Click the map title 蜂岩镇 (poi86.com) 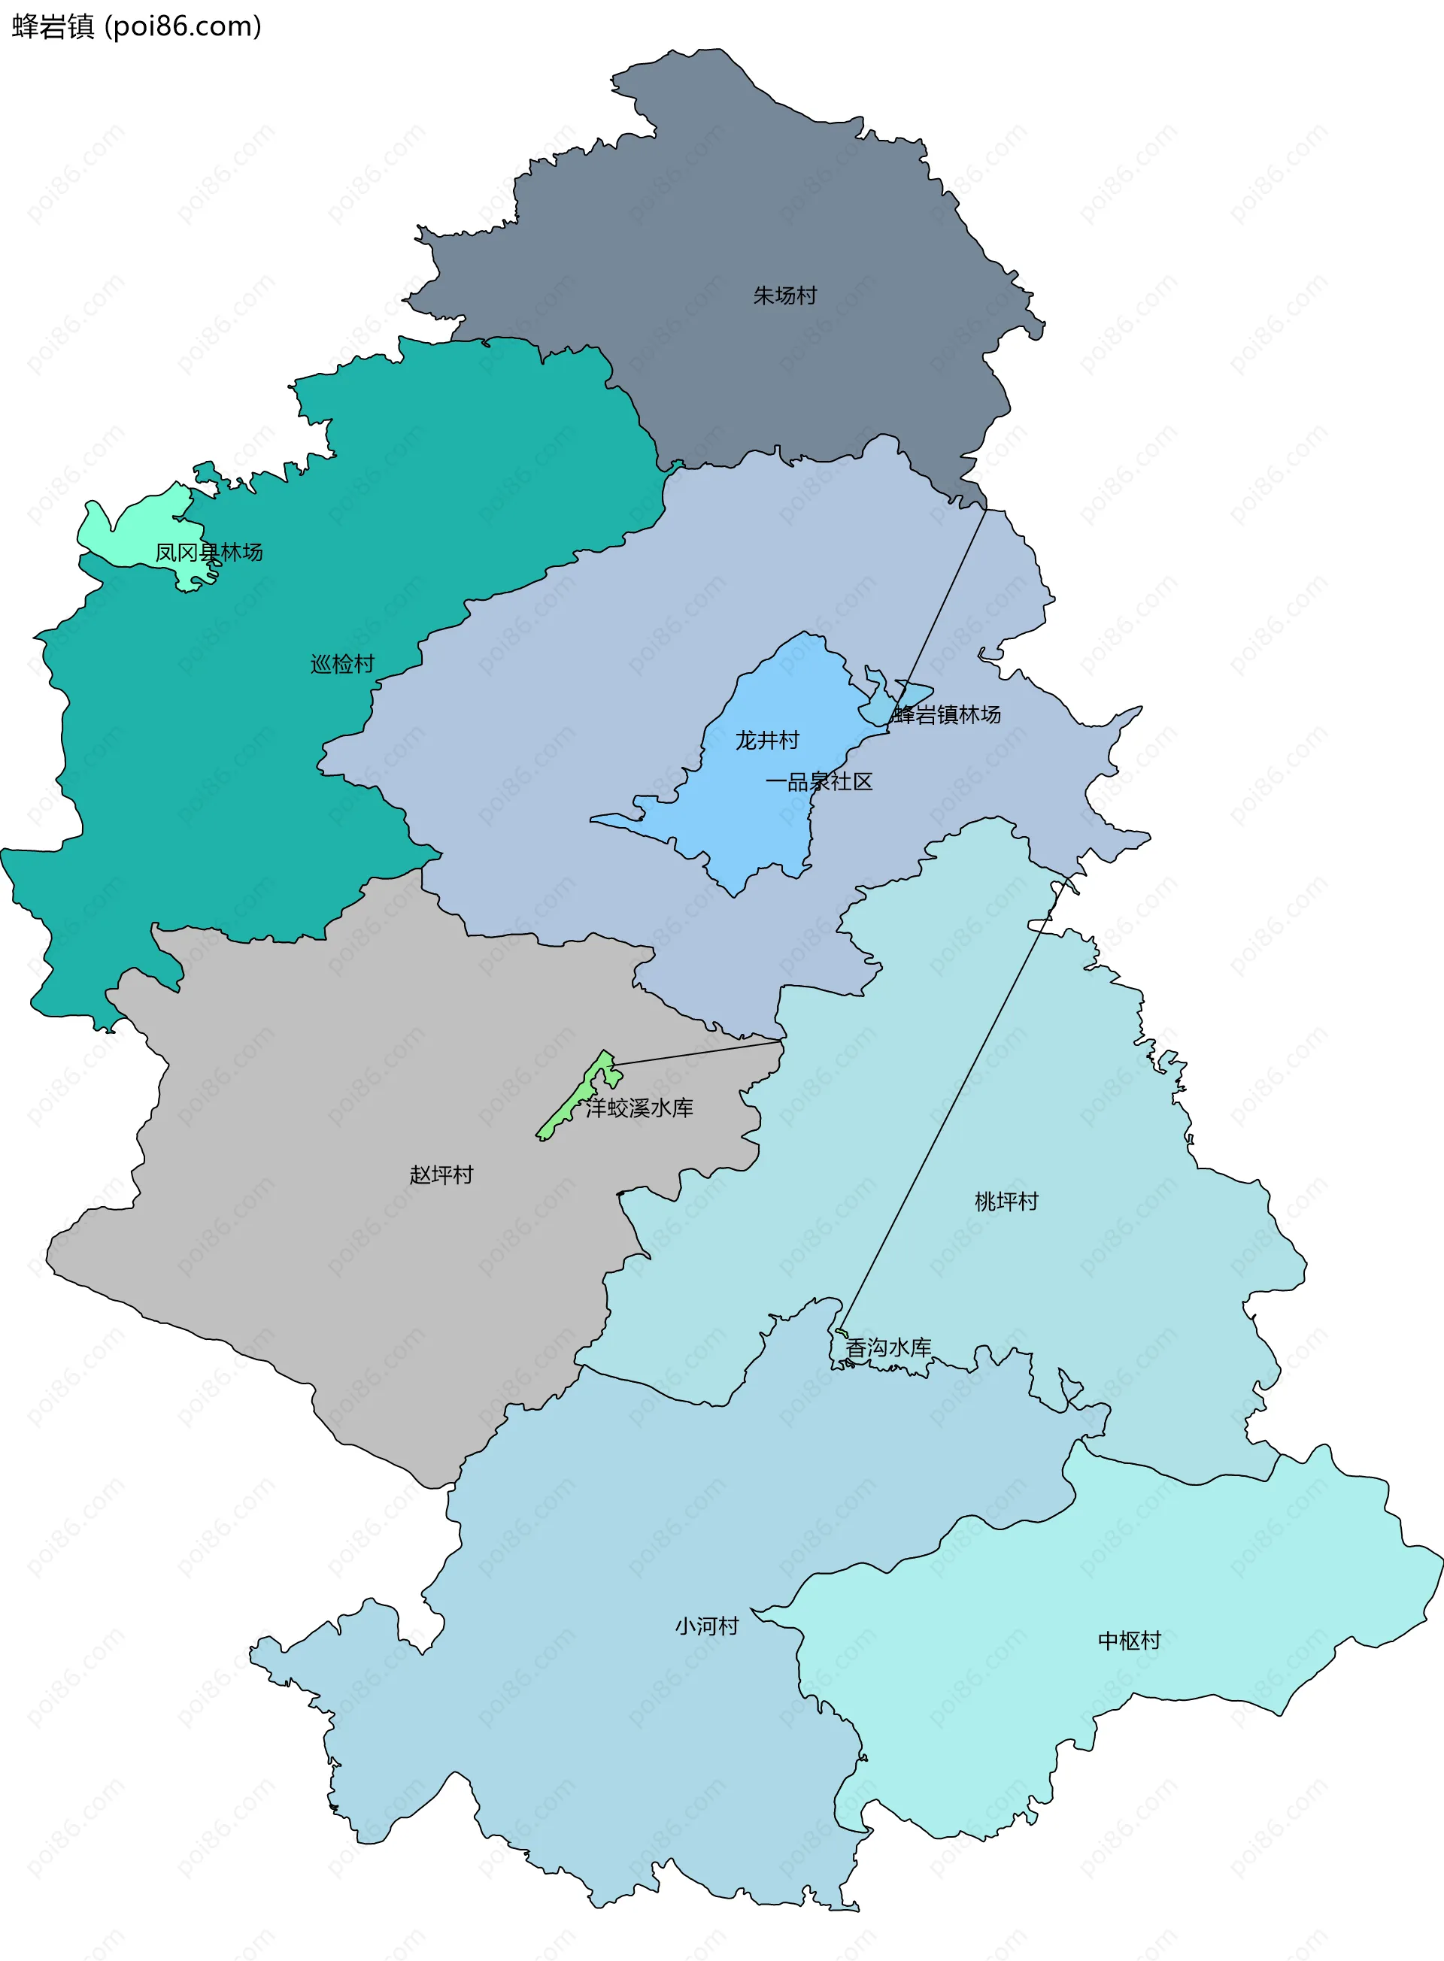pyautogui.click(x=136, y=26)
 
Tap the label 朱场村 pyautogui.click(x=785, y=296)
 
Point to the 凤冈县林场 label pyautogui.click(x=209, y=553)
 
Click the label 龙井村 pyautogui.click(x=767, y=740)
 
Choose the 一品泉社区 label pyautogui.click(x=819, y=781)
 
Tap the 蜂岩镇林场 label pyautogui.click(x=947, y=715)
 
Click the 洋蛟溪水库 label pyautogui.click(x=640, y=1108)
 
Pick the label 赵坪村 pyautogui.click(x=441, y=1174)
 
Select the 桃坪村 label pyautogui.click(x=1007, y=1202)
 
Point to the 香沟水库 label pyautogui.click(x=889, y=1347)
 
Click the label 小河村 pyautogui.click(x=707, y=1626)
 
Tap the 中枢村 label pyautogui.click(x=1130, y=1640)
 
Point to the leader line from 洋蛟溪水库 pyautogui.click(x=699, y=1053)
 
